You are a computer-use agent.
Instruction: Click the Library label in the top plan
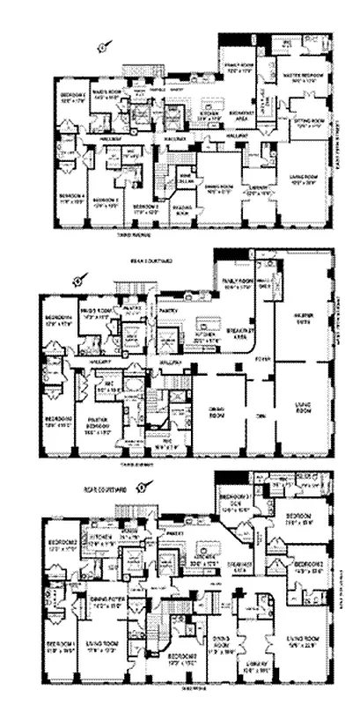258,187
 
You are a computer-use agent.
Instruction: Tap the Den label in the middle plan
258,411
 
